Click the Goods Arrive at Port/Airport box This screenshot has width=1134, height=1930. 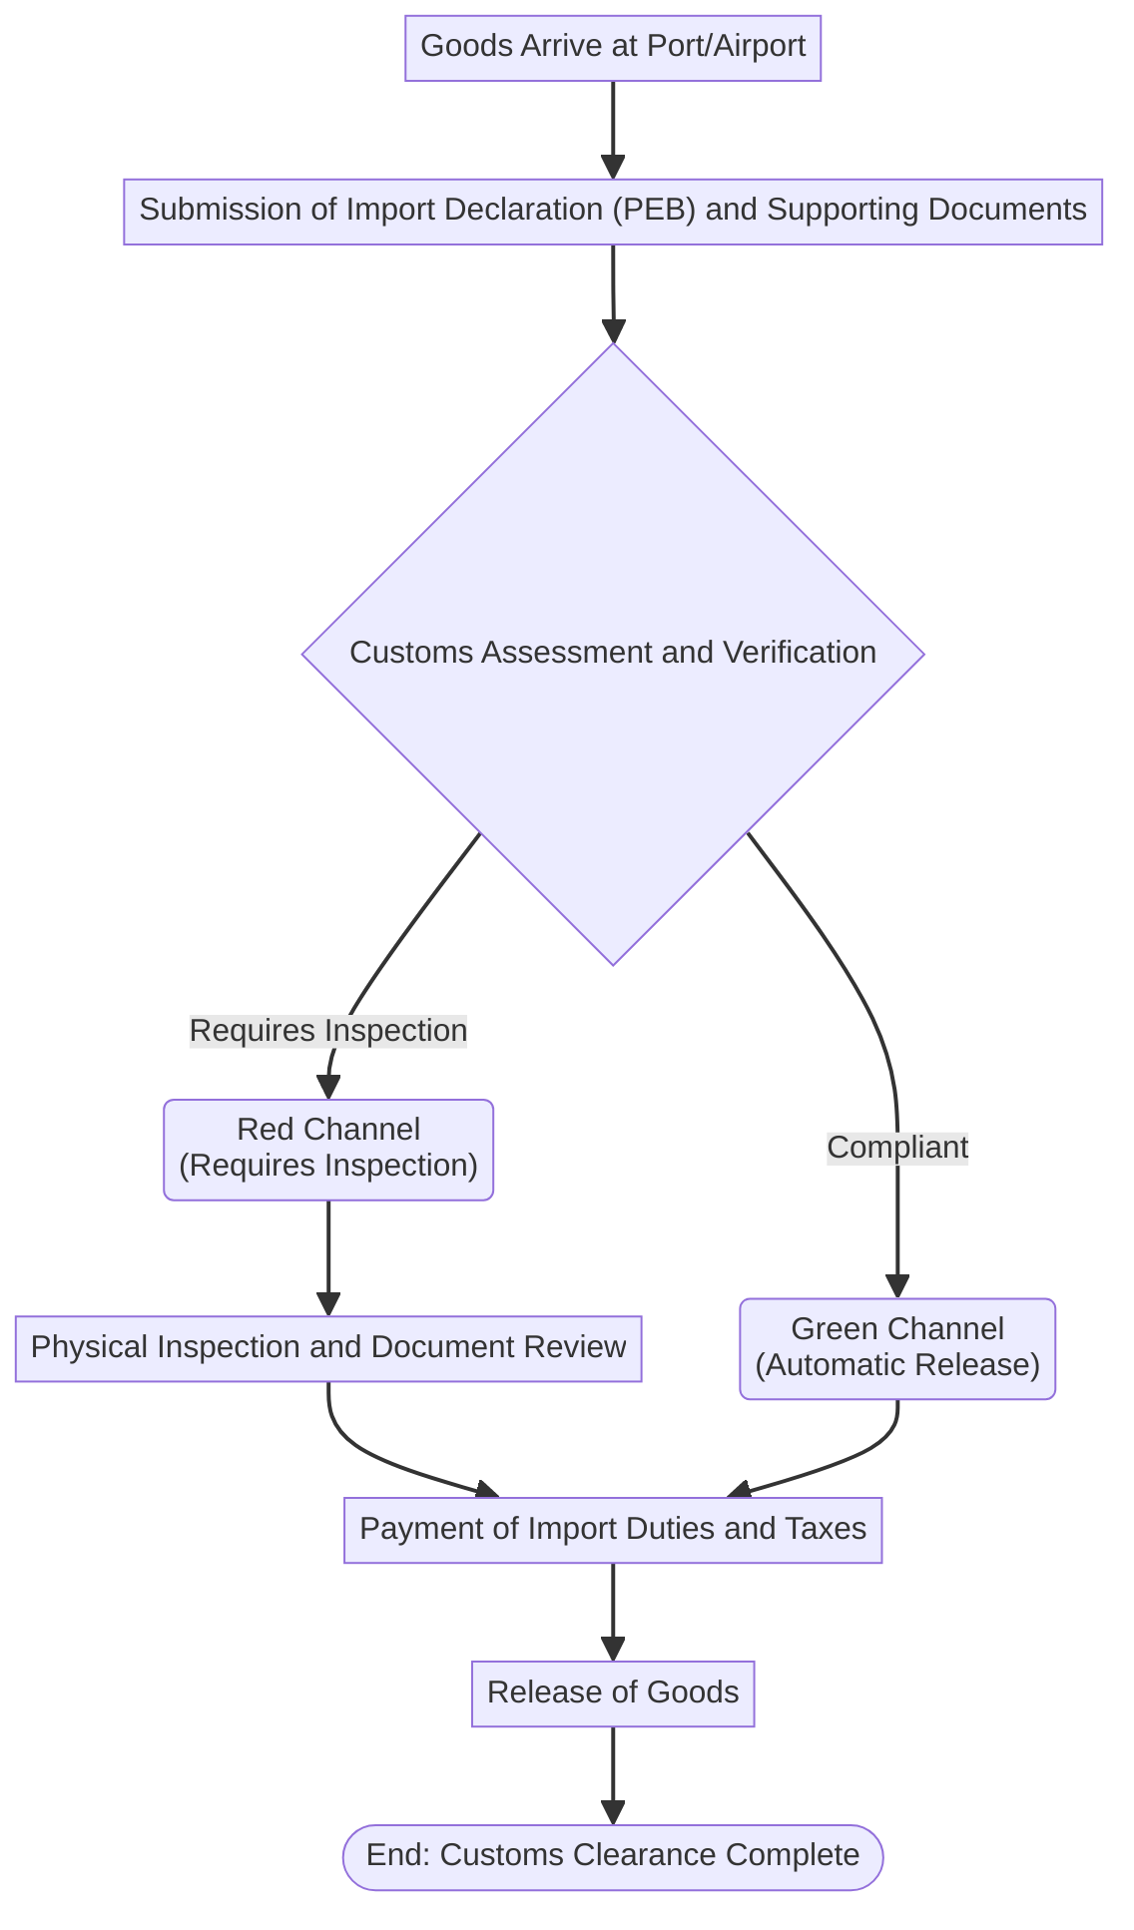click(x=613, y=47)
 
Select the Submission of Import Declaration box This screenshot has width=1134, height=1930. click(x=613, y=211)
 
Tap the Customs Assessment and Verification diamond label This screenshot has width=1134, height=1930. click(x=613, y=653)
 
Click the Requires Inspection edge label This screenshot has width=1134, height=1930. click(x=328, y=1030)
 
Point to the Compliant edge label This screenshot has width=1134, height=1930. click(x=897, y=1148)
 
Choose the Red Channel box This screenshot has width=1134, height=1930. click(x=328, y=1149)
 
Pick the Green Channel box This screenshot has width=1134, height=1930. click(x=897, y=1348)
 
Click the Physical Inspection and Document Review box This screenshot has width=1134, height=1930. click(x=328, y=1348)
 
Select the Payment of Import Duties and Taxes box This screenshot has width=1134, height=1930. click(x=613, y=1529)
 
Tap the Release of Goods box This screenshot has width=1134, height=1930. click(x=613, y=1692)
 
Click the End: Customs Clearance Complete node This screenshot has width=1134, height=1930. click(x=613, y=1856)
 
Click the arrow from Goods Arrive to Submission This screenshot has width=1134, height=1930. click(x=613, y=130)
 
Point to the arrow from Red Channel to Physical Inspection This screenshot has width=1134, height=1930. click(x=328, y=1257)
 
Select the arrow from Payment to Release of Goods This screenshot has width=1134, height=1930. click(x=613, y=1612)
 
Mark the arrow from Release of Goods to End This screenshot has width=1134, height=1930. click(x=613, y=1775)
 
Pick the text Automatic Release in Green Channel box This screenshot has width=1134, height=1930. click(x=897, y=1365)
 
